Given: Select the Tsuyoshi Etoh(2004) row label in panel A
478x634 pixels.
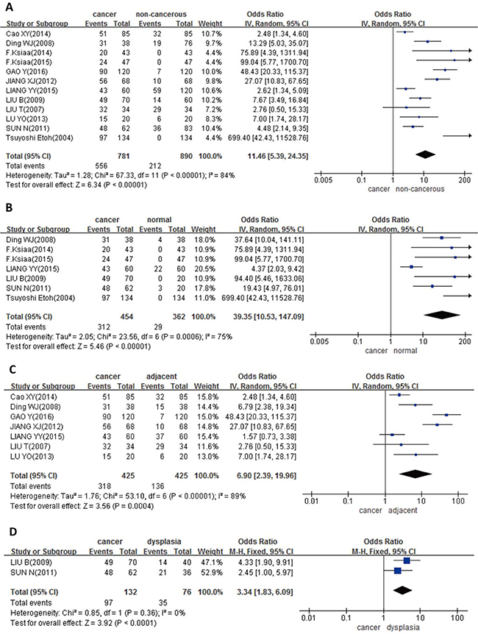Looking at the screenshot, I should coord(38,137).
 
